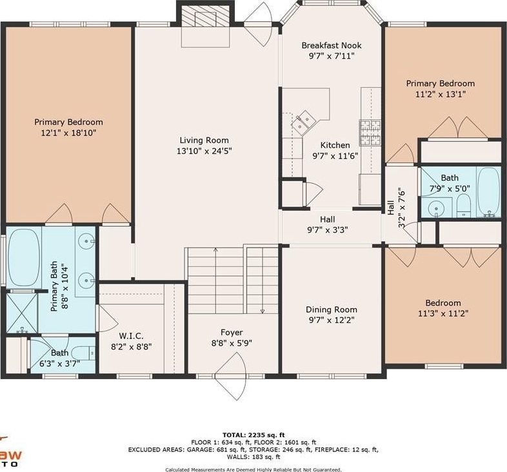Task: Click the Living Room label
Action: [204, 141]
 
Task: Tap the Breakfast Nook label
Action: [332, 46]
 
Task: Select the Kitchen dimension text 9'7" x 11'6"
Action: [335, 156]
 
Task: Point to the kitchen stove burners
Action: [370, 133]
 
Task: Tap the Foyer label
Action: [232, 333]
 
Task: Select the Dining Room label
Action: [332, 310]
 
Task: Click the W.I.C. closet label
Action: [132, 336]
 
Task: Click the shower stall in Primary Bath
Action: [22, 313]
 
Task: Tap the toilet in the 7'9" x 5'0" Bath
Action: [463, 205]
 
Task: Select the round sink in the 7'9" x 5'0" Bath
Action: [436, 208]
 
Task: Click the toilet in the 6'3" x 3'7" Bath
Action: [83, 353]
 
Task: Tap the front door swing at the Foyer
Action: [230, 377]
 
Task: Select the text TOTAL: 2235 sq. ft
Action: [253, 435]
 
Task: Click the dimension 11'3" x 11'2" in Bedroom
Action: [443, 313]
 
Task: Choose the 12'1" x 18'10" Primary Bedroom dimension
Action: [68, 133]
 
